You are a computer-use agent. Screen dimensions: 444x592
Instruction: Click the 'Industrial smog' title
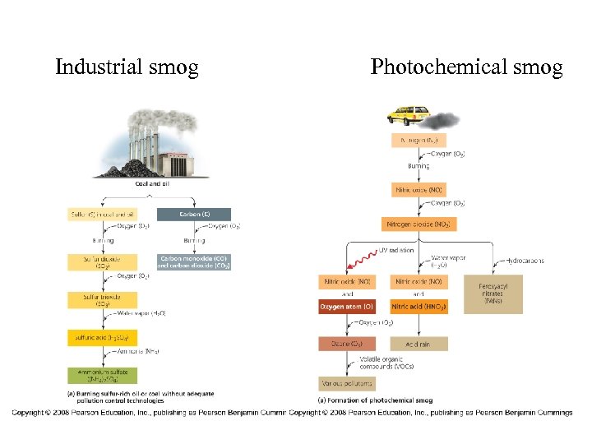[127, 67]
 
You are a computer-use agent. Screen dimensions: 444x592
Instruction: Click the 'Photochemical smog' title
[466, 67]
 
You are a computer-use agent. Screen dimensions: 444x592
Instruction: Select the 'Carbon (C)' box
[193, 215]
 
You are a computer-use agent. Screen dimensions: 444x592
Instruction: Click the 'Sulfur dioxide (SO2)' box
[99, 262]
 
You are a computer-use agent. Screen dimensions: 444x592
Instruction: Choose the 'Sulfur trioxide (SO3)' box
[99, 299]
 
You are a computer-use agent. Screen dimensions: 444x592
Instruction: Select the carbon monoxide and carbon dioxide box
[193, 262]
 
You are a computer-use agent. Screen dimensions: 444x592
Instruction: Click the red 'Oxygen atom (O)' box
[346, 307]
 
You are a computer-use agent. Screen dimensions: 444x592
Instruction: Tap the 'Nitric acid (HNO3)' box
[419, 307]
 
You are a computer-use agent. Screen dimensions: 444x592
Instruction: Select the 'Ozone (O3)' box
[346, 344]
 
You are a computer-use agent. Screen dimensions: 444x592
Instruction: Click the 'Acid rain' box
[419, 344]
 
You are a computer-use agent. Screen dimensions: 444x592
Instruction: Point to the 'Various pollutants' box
[346, 383]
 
